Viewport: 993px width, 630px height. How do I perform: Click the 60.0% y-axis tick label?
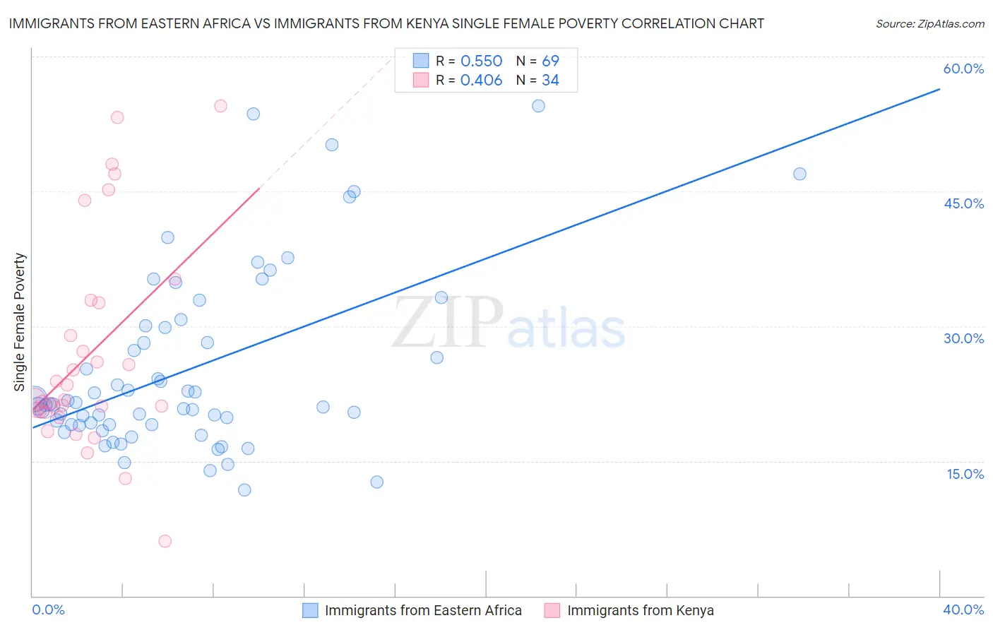point(963,69)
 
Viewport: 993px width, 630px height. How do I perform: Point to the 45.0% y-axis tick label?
point(963,203)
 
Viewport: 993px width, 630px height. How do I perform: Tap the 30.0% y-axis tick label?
point(963,338)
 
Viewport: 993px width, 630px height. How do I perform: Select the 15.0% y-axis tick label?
point(965,474)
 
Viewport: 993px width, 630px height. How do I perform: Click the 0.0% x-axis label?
point(48,610)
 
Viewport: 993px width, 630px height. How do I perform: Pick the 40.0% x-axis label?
point(963,610)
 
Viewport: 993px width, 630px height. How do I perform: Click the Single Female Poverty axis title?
point(20,322)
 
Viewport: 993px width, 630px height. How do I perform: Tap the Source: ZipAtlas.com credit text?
point(929,24)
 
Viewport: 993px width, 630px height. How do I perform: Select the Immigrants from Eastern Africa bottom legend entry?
point(422,611)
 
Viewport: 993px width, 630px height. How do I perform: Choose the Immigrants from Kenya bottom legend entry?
point(640,611)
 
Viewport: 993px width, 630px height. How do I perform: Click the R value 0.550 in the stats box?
point(481,61)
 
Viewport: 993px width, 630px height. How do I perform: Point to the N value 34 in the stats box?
point(550,81)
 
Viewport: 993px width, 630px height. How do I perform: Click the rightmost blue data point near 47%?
point(799,174)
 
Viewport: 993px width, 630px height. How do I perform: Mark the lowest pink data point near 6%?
point(165,541)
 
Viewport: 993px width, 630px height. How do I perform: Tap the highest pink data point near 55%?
point(220,106)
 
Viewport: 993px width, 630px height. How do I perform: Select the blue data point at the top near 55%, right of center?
point(538,106)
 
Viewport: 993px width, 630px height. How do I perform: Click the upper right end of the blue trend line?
point(939,89)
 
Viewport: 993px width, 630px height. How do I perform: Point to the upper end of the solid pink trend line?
point(260,189)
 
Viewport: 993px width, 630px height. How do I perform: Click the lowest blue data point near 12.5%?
point(376,482)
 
